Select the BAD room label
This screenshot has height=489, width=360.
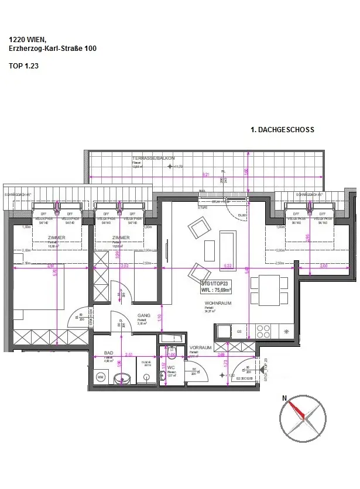coord(108,353)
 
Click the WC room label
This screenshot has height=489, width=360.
coord(172,367)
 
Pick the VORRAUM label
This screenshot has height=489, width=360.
coord(200,347)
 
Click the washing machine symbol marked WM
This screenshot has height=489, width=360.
coord(100,378)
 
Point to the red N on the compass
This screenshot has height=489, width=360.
coord(285,398)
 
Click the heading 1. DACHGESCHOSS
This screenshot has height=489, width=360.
coord(282,130)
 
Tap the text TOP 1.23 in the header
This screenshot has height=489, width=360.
coord(24,66)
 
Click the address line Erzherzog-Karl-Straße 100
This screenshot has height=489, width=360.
coord(53,49)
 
